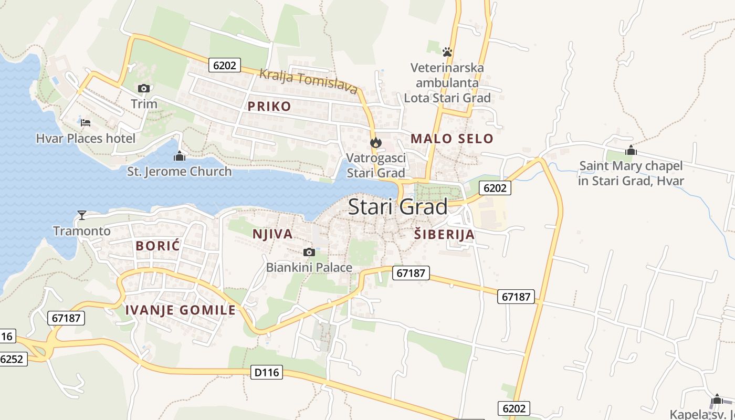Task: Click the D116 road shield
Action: [x=267, y=373]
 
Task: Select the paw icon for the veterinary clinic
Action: [x=447, y=51]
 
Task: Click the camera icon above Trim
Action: [x=143, y=88]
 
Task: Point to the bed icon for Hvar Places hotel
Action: [x=86, y=123]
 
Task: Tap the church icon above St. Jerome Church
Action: [x=180, y=156]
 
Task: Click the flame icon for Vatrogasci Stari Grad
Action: [x=375, y=142]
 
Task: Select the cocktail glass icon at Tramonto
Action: [x=82, y=215]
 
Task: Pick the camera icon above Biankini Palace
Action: [x=309, y=253]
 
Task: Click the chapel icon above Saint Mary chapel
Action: [x=631, y=151]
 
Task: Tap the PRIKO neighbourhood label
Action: [x=269, y=107]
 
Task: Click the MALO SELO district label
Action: [x=452, y=139]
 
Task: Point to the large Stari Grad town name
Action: [x=398, y=207]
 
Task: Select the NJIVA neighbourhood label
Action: [x=272, y=234]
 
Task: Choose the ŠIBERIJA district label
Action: [x=444, y=235]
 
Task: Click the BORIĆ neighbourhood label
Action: [x=158, y=246]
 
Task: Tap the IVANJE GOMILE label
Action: [x=181, y=310]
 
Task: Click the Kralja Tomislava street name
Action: [x=309, y=81]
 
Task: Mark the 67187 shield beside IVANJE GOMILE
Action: [x=66, y=318]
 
